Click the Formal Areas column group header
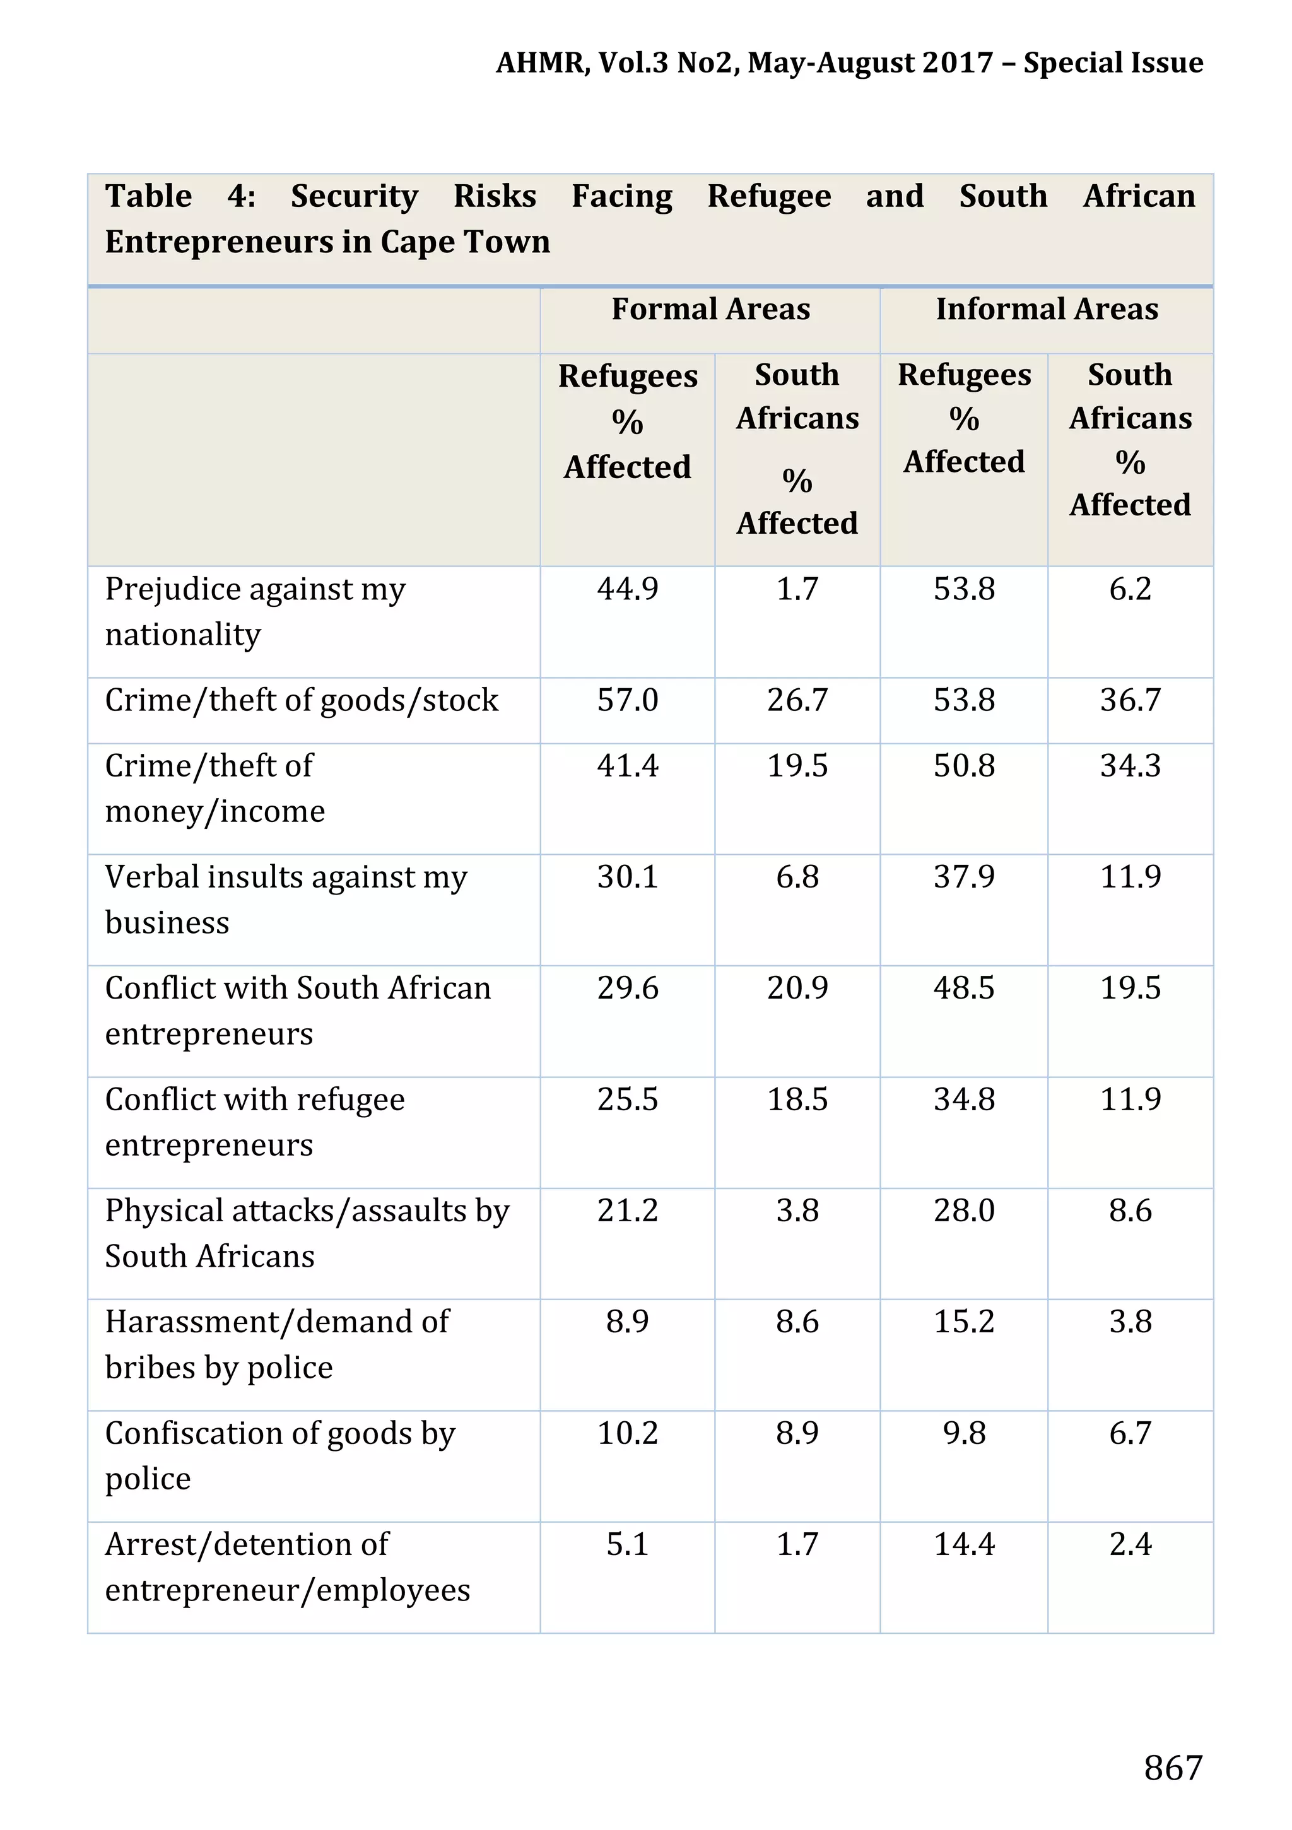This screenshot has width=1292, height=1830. [710, 309]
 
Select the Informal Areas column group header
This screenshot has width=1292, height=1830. [1047, 309]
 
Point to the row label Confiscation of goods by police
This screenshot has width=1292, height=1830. [279, 1455]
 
